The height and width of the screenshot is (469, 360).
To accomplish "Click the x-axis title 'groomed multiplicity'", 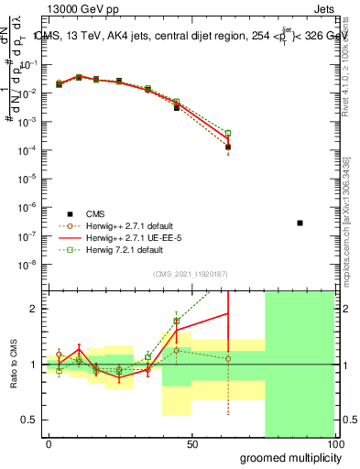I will click(286, 457).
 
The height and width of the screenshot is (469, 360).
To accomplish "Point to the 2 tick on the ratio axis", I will click(32, 309).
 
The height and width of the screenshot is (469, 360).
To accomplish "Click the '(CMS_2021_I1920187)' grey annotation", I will click(191, 273).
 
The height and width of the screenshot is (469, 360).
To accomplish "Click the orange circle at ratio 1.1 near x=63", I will click(228, 358).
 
